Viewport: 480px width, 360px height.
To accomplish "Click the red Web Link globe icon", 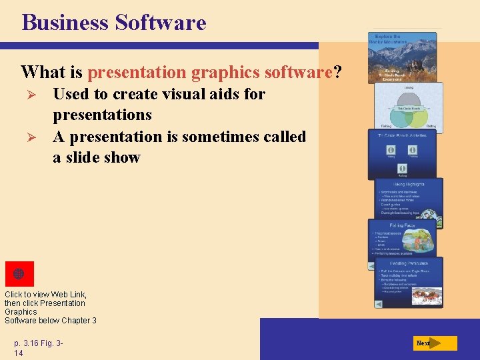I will [19, 274].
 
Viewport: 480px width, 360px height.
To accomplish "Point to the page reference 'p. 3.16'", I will [27, 343].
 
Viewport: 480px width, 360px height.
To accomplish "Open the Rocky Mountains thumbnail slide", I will [403, 57].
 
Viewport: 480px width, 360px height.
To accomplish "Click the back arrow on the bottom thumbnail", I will [379, 303].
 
